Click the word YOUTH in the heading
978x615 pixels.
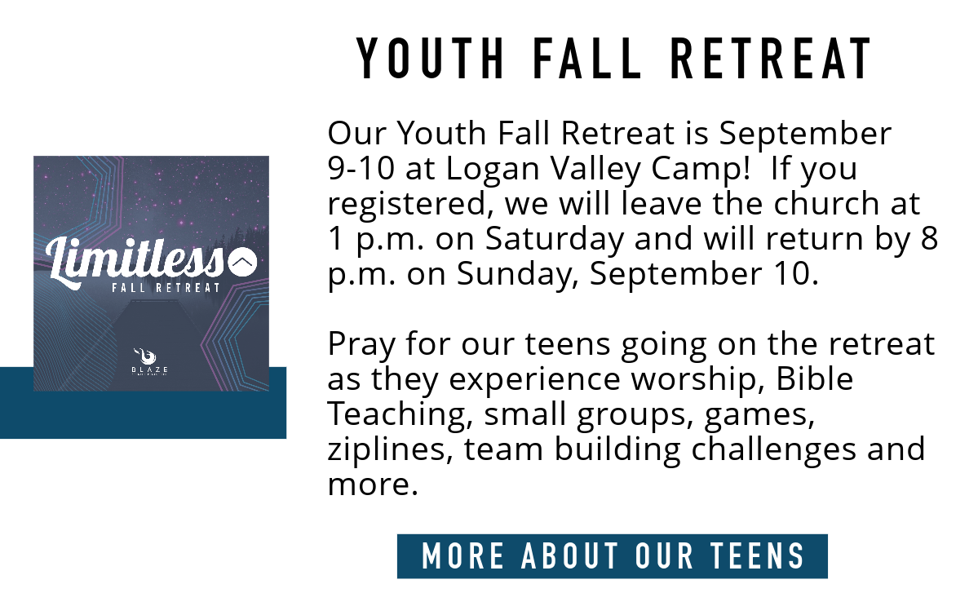pos(431,59)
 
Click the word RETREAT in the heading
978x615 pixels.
pos(770,59)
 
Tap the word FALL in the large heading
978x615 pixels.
pos(587,59)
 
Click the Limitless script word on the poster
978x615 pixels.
pos(134,262)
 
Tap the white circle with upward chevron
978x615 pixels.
pos(242,263)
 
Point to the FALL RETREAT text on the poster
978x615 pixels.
pos(166,288)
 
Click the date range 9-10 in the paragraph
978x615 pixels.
pos(361,168)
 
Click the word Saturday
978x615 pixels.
pos(555,239)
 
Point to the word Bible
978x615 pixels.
pos(815,378)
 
